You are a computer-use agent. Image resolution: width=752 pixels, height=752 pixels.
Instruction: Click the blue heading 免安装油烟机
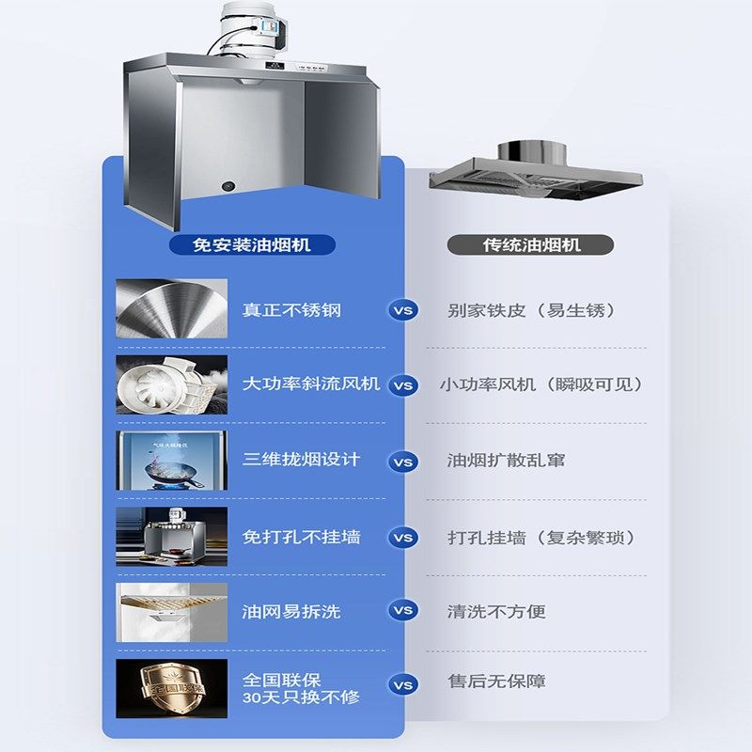click(251, 245)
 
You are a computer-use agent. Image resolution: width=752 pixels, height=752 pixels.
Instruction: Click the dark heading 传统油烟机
click(531, 245)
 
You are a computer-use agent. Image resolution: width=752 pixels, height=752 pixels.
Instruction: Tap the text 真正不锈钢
click(291, 309)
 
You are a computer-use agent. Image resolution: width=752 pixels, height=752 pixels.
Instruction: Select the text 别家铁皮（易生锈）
click(533, 309)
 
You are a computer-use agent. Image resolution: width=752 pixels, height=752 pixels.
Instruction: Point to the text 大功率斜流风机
click(311, 384)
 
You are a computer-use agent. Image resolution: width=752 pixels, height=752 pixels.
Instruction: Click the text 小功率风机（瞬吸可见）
click(541, 384)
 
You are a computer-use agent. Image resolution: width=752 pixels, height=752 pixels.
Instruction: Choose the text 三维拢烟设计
click(301, 461)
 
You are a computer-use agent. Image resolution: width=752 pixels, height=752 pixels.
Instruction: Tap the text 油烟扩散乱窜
click(506, 461)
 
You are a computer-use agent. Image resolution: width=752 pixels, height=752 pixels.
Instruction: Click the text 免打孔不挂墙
click(301, 537)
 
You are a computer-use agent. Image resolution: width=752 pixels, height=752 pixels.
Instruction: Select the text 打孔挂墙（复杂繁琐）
click(542, 537)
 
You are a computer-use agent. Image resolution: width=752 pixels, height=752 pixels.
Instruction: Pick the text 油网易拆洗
click(291, 611)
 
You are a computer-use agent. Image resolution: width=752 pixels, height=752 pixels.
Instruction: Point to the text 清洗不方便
click(496, 611)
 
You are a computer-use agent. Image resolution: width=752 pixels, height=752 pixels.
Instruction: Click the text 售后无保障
click(496, 681)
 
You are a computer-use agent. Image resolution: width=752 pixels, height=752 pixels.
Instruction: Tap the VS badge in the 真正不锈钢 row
click(403, 310)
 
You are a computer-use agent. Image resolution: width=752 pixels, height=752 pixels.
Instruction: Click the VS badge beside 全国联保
click(403, 685)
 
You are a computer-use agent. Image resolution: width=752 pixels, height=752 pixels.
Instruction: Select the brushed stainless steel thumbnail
click(172, 308)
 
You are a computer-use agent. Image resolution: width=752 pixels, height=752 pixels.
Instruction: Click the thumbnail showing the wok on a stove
click(172, 461)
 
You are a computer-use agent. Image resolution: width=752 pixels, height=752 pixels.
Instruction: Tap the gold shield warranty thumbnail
click(172, 688)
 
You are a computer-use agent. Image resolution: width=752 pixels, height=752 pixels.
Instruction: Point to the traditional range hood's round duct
click(523, 151)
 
